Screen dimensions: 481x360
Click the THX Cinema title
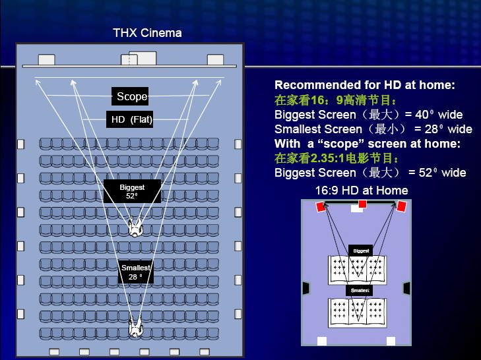147,33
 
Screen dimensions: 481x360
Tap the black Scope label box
130,96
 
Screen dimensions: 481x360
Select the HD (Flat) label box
129,119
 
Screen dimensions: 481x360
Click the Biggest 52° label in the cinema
132,191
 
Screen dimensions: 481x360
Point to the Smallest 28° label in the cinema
136,272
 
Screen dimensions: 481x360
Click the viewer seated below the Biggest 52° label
135,227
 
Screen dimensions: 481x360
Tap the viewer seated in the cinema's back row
135,326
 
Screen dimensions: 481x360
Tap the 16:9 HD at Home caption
362,191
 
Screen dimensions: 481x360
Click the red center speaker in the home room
363,204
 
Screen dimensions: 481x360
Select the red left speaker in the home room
321,206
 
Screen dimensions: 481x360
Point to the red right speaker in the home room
402,206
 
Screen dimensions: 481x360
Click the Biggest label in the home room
361,251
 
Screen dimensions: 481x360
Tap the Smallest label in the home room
360,290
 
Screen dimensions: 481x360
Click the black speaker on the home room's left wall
306,288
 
